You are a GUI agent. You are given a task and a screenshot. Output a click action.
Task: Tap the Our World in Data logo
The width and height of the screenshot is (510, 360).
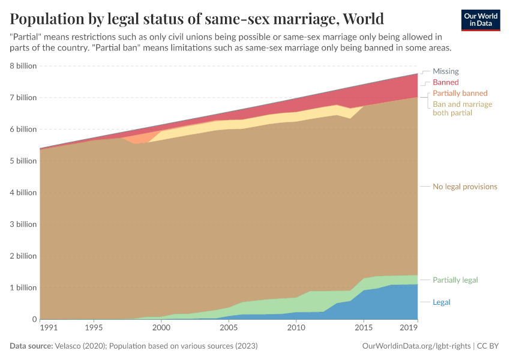(480, 20)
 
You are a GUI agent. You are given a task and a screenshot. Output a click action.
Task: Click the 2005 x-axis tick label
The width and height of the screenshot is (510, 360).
(228, 328)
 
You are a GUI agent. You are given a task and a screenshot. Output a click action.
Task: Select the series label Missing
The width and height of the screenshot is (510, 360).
(445, 71)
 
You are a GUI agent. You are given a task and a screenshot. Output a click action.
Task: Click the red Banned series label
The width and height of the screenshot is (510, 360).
(445, 82)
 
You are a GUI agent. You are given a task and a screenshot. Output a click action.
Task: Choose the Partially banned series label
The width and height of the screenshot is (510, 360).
(460, 94)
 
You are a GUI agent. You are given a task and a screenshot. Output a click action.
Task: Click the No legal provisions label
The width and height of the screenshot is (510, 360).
(464, 187)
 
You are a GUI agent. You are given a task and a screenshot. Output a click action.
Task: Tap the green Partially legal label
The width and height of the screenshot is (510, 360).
(455, 280)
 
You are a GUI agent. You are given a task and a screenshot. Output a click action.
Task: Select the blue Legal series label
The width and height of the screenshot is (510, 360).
(441, 302)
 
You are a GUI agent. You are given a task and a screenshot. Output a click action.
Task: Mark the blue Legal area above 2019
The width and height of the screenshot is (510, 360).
(408, 303)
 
